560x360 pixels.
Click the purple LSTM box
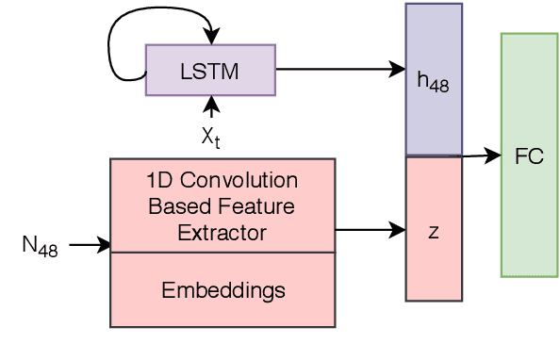pyautogui.click(x=210, y=70)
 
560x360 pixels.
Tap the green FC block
pyautogui.click(x=529, y=155)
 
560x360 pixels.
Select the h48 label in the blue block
pyautogui.click(x=434, y=82)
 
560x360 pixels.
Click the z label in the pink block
pyautogui.click(x=434, y=230)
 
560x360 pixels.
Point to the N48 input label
pyautogui.click(x=40, y=247)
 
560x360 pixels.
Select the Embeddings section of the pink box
pyautogui.click(x=222, y=289)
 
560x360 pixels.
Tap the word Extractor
pyautogui.click(x=222, y=232)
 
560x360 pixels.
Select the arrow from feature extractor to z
pyautogui.click(x=368, y=229)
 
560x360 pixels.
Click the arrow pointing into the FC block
pyautogui.click(x=481, y=156)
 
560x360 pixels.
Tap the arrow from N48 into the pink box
pyautogui.click(x=90, y=246)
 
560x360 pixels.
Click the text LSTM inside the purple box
pyautogui.click(x=210, y=70)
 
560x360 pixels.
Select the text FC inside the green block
pyautogui.click(x=529, y=156)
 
